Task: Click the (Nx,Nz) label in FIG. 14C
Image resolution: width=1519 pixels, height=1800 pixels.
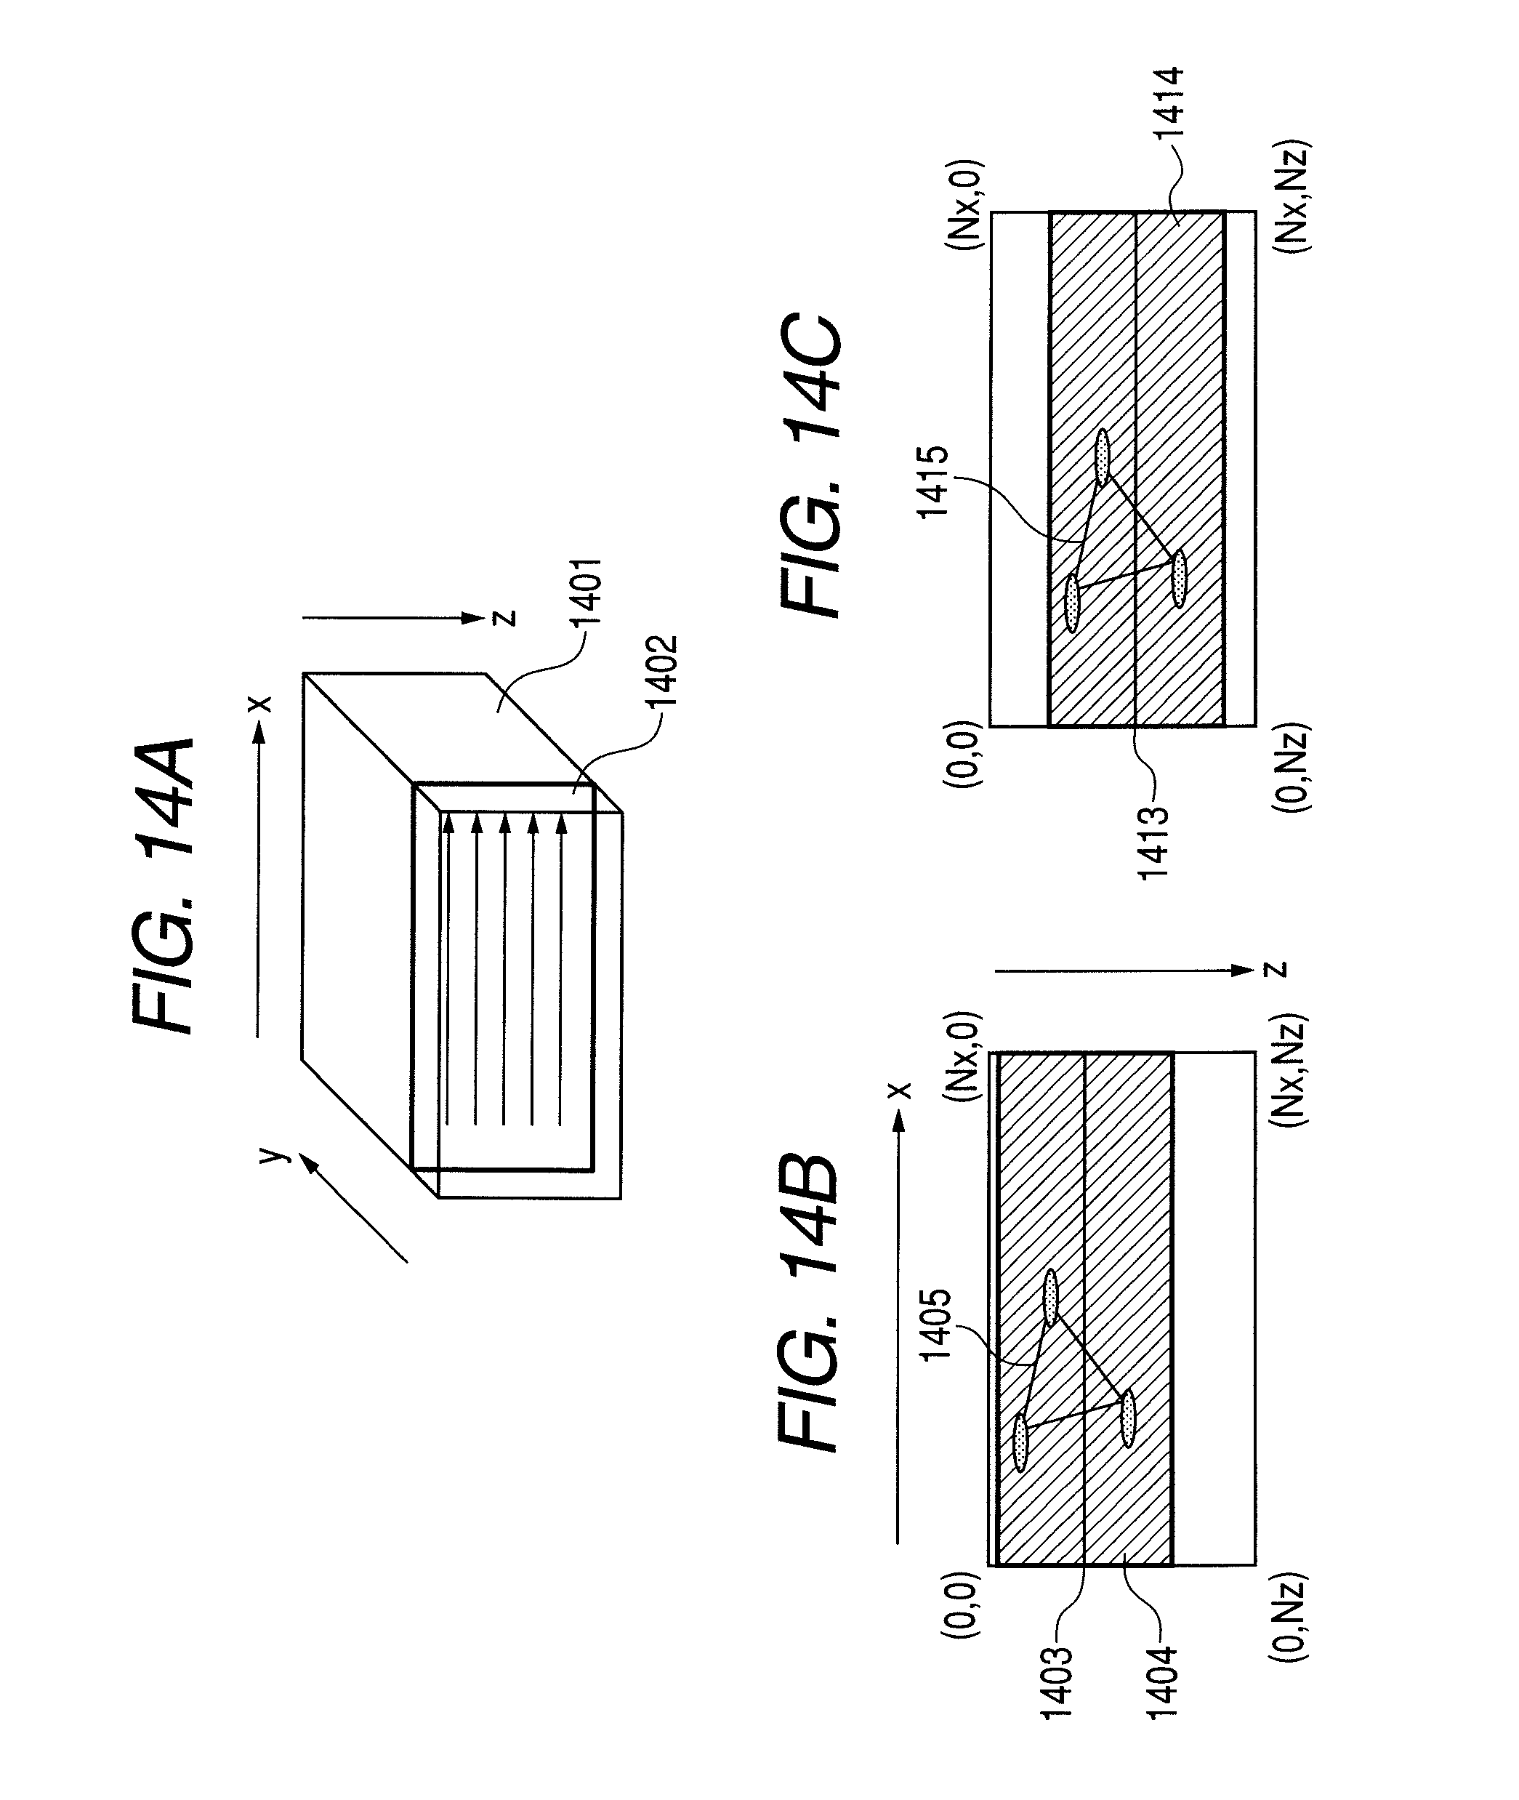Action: point(1289,196)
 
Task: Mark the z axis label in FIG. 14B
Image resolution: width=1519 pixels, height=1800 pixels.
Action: point(1280,969)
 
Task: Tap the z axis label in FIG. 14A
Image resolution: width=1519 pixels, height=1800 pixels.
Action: point(507,616)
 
